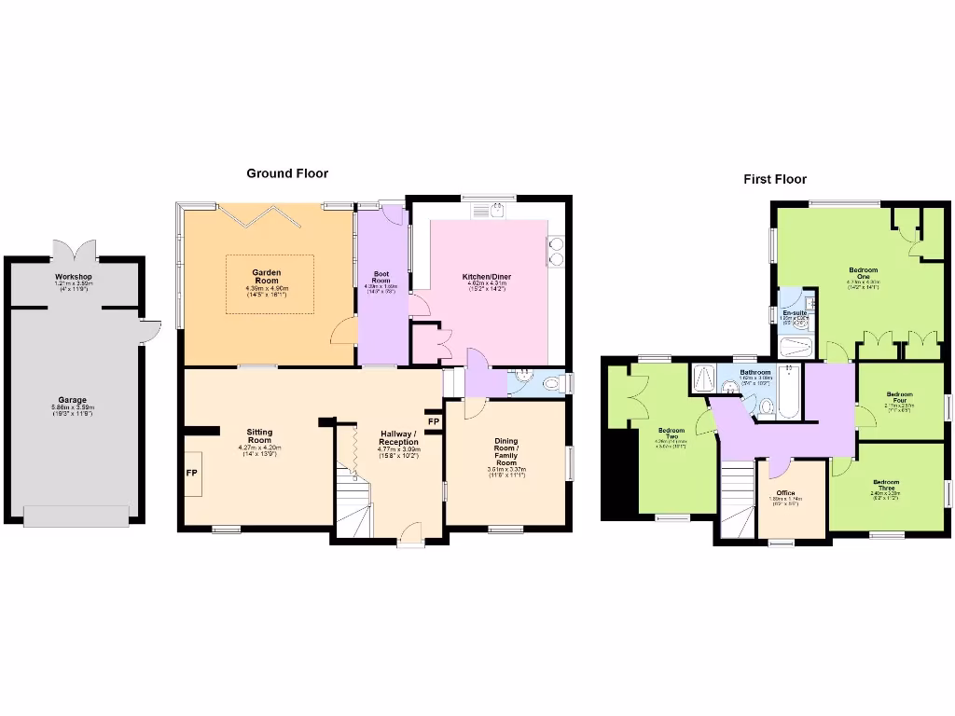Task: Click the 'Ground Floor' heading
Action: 286,173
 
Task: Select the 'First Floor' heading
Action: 774,179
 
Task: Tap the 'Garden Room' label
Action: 267,277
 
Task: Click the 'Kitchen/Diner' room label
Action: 487,277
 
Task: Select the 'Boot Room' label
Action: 381,277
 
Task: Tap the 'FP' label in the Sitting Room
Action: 191,473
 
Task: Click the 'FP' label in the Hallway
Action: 434,421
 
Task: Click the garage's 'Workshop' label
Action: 73,277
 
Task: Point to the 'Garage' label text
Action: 73,400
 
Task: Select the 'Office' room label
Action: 786,493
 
